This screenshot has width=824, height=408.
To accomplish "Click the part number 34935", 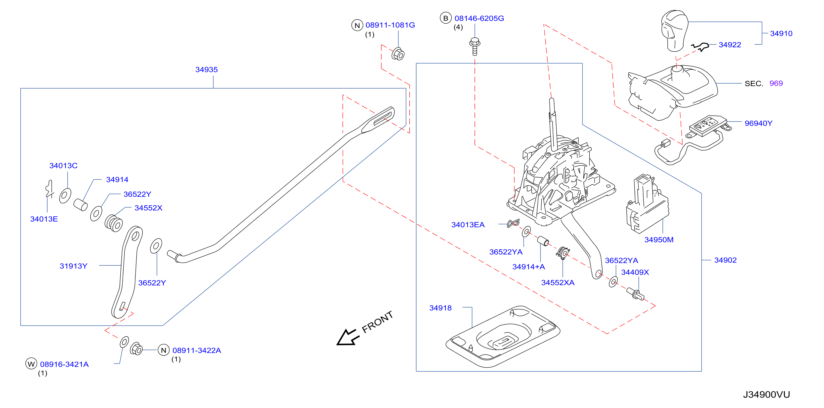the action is (206, 70).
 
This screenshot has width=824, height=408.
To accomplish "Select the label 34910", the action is (781, 33).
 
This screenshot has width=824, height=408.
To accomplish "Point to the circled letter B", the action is (446, 18).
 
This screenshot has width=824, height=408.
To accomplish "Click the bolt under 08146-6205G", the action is (475, 47).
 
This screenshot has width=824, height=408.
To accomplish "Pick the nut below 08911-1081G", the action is (398, 54).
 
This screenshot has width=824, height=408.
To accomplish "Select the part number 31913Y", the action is (73, 266).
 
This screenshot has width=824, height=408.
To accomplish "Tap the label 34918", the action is (440, 308).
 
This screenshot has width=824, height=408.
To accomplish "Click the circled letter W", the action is (31, 364).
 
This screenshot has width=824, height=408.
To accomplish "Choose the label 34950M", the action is (659, 240).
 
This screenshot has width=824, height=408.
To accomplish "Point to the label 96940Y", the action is (758, 123).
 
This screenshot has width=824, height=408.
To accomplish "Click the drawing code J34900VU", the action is (766, 395).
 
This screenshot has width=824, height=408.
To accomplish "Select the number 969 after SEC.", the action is (776, 83).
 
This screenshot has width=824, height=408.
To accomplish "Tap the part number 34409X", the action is (635, 272).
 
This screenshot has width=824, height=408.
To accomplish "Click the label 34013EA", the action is (468, 225).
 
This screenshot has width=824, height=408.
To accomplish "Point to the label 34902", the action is (725, 260).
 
